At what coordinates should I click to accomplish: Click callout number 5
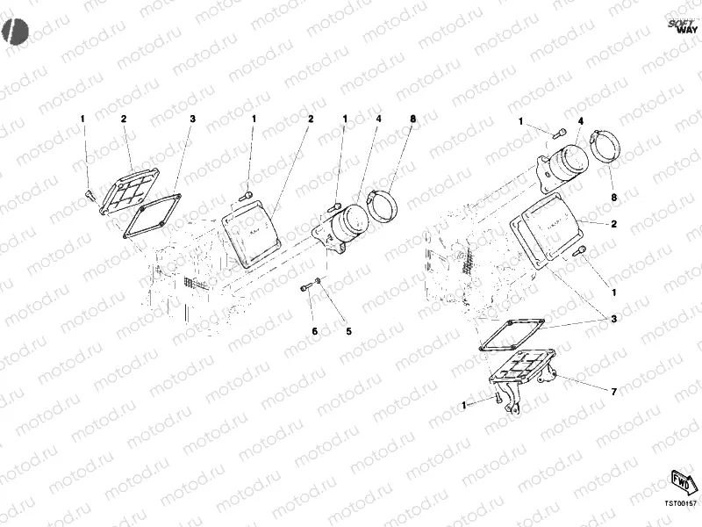pos(348,331)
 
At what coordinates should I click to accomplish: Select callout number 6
pos(314,331)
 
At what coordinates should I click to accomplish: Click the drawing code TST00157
pos(680,504)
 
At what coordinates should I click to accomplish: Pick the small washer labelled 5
pos(319,283)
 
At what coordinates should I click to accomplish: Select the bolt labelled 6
pos(304,287)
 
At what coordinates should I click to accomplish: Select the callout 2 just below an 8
pos(614,224)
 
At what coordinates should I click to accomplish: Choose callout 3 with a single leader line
pos(192,119)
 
